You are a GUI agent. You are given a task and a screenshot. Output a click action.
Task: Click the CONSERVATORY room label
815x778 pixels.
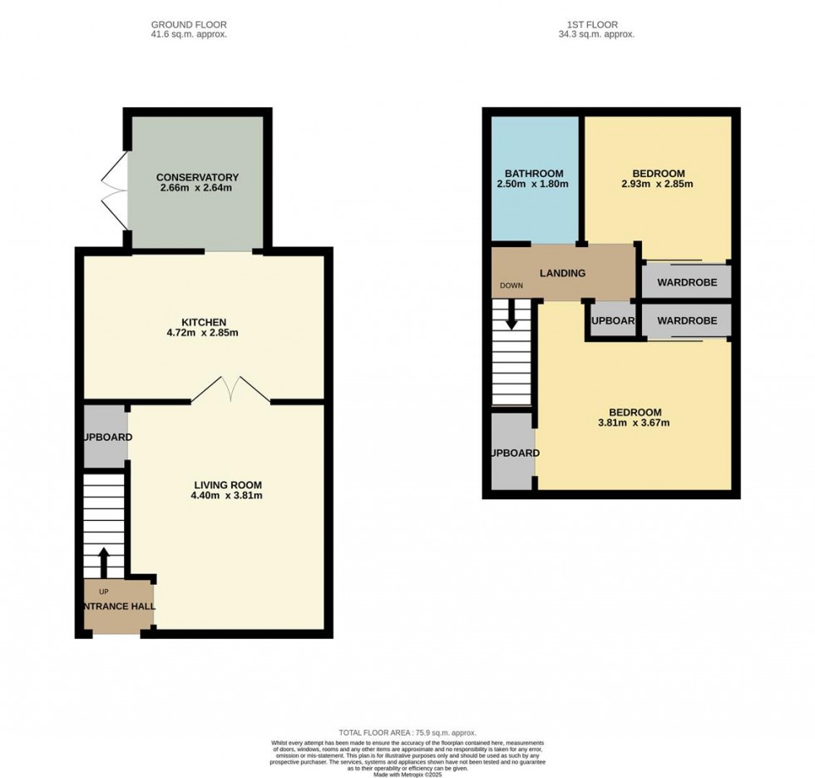[x=197, y=177]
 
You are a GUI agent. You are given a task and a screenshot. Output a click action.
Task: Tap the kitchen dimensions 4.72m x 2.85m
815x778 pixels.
[x=204, y=334]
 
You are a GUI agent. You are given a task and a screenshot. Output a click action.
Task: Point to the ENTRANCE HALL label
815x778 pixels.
[x=119, y=607]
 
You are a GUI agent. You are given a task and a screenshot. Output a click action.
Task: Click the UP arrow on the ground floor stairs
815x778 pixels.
[x=104, y=562]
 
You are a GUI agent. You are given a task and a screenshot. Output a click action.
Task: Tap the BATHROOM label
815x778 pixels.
[x=533, y=173]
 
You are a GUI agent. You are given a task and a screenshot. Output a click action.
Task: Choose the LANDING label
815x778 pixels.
[x=562, y=273]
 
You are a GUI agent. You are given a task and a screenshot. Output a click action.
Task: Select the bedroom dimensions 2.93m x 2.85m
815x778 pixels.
[x=657, y=185]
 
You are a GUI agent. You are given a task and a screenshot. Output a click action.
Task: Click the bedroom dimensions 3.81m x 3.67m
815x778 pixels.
[x=635, y=424]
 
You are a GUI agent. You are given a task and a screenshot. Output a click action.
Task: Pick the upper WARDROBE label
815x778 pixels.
[x=686, y=282]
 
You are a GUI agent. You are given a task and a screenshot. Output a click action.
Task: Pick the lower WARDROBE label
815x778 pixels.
[x=686, y=320]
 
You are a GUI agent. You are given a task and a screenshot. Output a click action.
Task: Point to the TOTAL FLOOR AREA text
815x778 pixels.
[x=407, y=733]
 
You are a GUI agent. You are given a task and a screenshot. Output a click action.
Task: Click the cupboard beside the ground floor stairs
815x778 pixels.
[x=106, y=437]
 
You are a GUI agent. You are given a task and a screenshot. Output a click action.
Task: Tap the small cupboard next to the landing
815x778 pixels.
[x=613, y=321]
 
